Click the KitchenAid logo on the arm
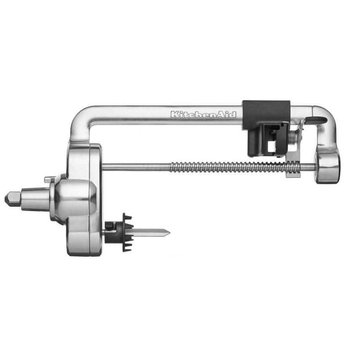click(x=203, y=114)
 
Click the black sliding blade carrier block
click(x=266, y=129)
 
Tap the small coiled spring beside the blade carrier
click(x=293, y=137)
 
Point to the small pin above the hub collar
click(x=47, y=179)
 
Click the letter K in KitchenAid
click(x=174, y=114)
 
